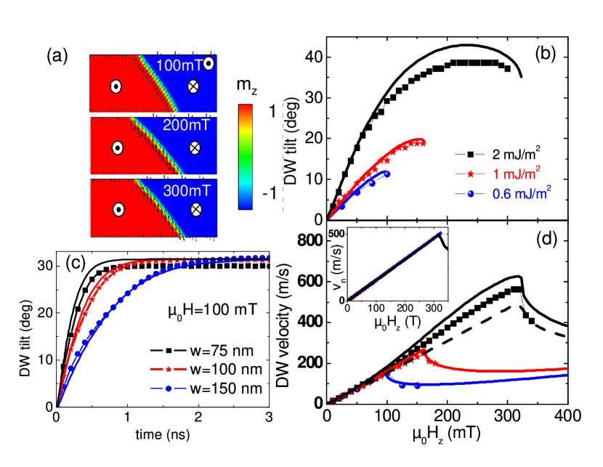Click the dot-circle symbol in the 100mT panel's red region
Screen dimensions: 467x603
[x=116, y=86]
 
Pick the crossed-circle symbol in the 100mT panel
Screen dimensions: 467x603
[x=193, y=86]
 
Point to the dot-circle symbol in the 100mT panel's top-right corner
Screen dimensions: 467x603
[x=209, y=63]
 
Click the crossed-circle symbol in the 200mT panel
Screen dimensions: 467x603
[x=195, y=147]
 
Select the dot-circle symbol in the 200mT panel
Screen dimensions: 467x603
[x=117, y=147]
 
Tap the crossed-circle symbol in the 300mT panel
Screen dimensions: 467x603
[x=195, y=210]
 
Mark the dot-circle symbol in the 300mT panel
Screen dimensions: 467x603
[x=118, y=210]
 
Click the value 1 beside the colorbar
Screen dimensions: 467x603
[x=271, y=113]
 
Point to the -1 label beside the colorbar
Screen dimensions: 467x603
[x=268, y=193]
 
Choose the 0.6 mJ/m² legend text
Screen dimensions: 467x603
[x=521, y=193]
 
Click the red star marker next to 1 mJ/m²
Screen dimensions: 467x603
[x=470, y=174]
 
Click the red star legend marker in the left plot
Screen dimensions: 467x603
[x=169, y=369]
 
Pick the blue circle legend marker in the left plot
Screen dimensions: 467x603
[x=169, y=389]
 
